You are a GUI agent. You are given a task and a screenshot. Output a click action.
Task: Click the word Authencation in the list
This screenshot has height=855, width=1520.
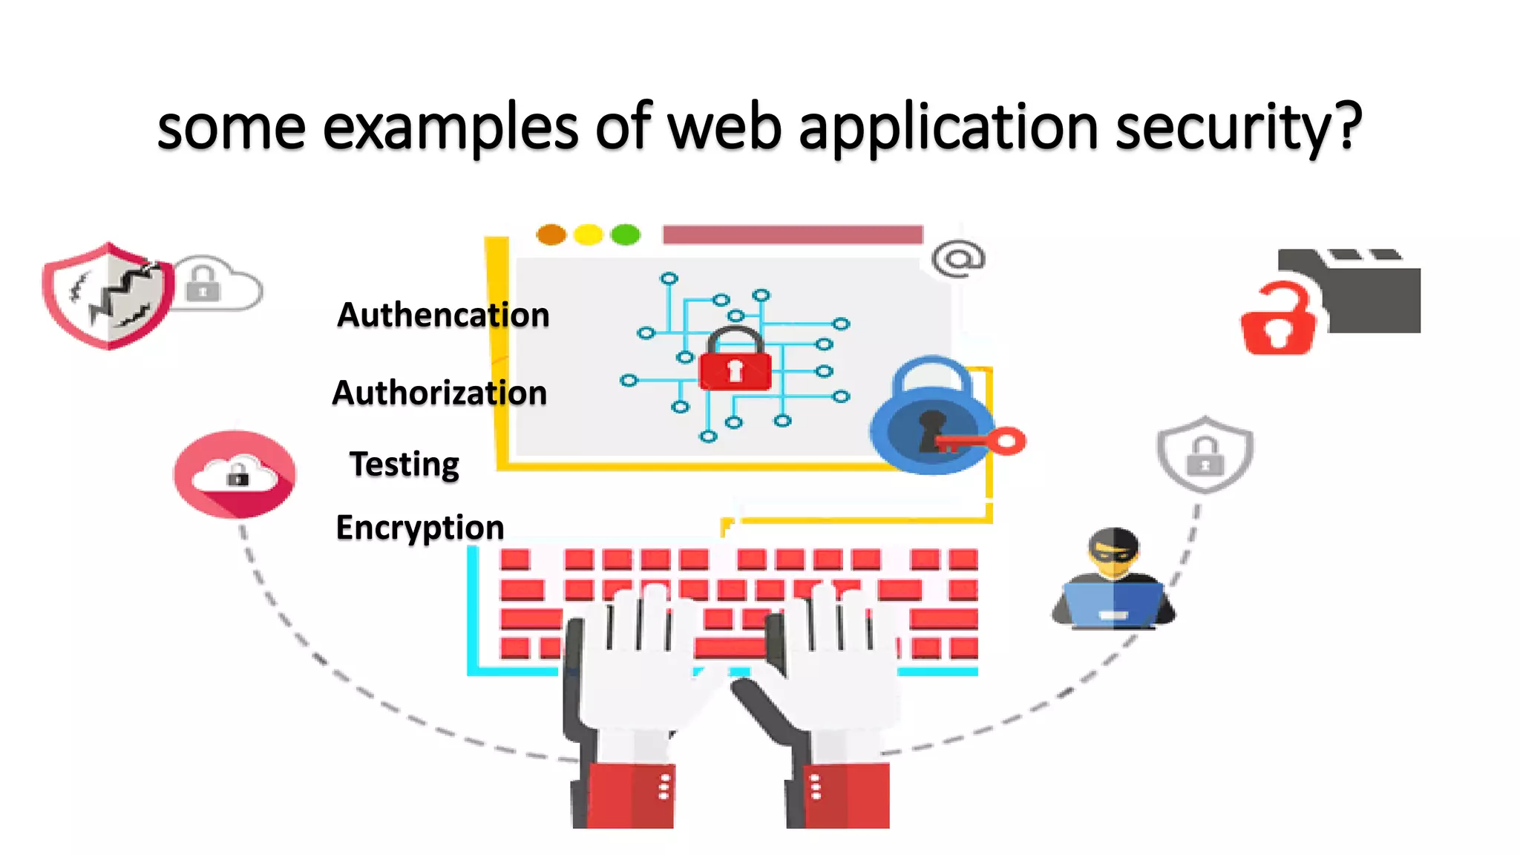tap(443, 315)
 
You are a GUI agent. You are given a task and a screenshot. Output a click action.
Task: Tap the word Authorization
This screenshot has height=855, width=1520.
tap(439, 393)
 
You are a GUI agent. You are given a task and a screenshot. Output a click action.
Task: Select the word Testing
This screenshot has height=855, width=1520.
tap(404, 465)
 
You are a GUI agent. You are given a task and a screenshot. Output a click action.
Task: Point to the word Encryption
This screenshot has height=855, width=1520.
tap(420, 528)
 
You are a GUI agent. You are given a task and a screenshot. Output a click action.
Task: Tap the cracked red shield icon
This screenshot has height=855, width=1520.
tap(108, 295)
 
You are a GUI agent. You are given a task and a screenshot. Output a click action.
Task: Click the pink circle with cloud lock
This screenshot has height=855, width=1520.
tap(235, 474)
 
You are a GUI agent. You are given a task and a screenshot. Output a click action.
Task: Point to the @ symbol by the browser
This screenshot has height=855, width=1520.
tap(958, 258)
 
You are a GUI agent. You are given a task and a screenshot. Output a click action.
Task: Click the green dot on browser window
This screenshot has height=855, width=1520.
tap(625, 235)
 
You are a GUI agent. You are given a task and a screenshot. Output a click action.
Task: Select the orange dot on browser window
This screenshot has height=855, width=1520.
tap(551, 235)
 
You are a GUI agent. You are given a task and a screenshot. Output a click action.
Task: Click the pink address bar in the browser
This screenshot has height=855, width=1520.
tap(792, 235)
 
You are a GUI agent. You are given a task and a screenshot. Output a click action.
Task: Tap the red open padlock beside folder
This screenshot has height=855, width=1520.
tap(1279, 322)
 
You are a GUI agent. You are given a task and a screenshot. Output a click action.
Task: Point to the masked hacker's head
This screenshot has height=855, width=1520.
tap(1113, 553)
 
